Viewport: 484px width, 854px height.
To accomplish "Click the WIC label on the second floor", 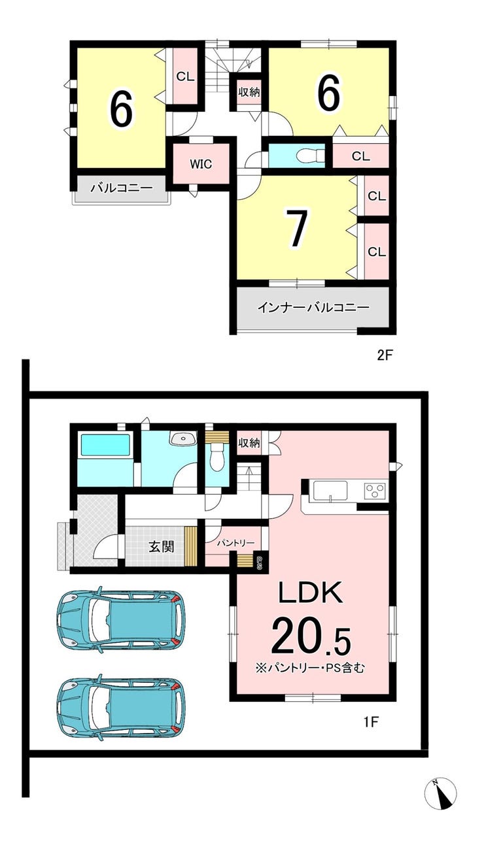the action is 201,164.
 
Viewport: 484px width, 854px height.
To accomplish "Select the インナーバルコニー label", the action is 313,307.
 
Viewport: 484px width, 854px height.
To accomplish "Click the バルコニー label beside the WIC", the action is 122,188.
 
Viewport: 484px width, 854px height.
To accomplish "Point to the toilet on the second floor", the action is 309,156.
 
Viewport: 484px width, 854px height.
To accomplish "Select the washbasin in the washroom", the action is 183,439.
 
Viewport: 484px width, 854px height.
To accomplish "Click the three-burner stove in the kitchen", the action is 375,490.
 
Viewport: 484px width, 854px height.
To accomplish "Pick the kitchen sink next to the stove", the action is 330,492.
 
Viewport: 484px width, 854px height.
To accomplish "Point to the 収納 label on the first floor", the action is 249,442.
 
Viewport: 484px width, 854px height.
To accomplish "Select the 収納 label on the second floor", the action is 249,92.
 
